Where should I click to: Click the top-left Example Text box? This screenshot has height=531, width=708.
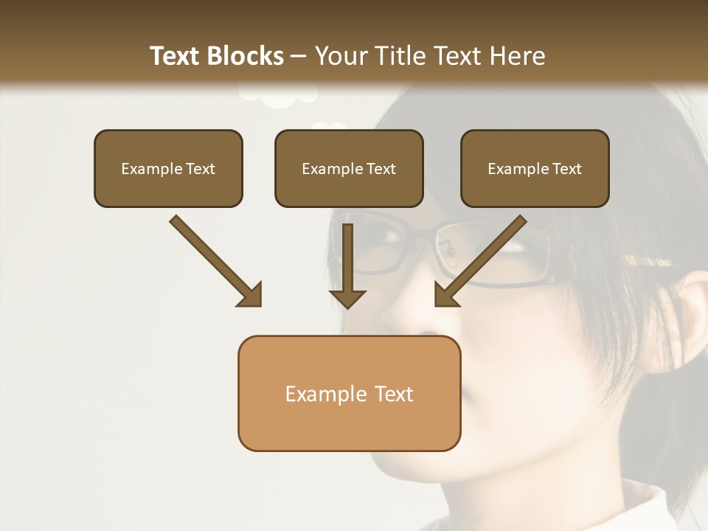[168, 169]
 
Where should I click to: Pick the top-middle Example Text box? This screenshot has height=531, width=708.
[349, 169]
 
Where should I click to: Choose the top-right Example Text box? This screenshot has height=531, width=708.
[535, 169]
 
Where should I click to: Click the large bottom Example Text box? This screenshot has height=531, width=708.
[349, 394]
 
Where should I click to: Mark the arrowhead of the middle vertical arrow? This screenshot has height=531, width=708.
[347, 296]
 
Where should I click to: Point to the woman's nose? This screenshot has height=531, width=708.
[402, 310]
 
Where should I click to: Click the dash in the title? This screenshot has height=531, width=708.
[299, 57]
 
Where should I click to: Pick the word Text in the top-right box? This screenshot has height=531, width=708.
[566, 169]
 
